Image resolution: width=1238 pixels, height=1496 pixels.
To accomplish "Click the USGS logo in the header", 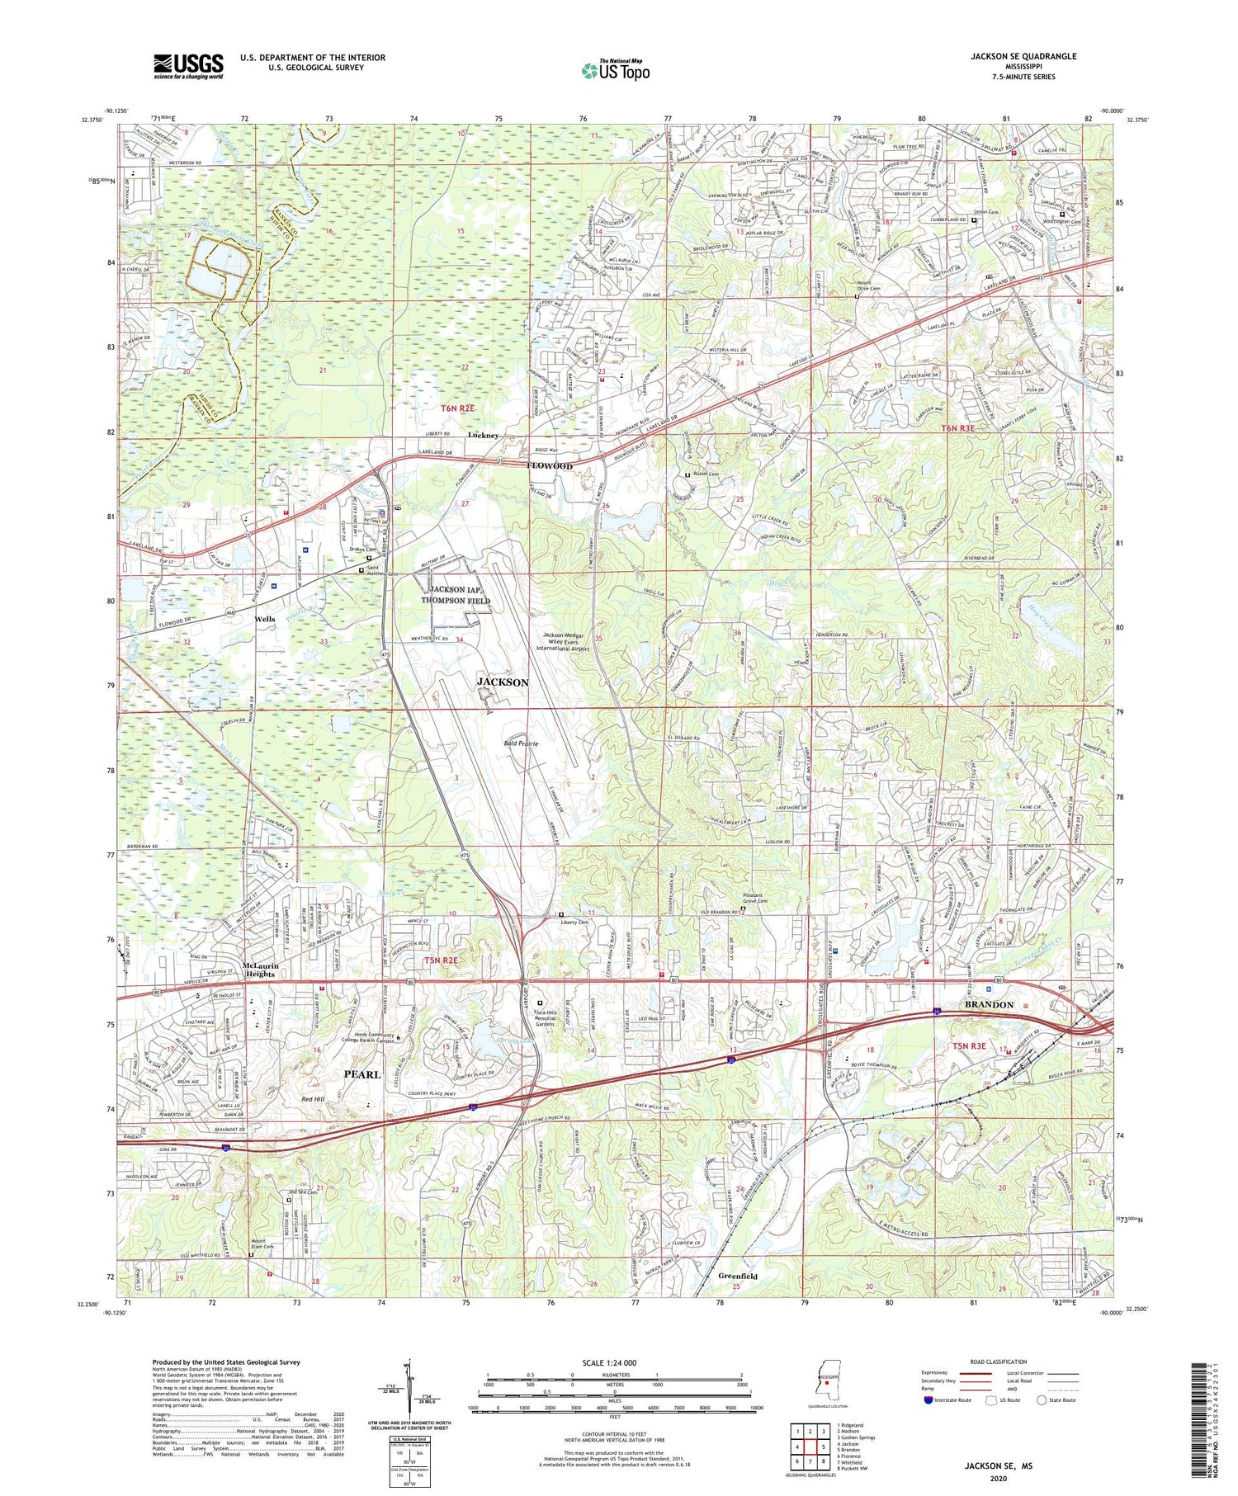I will pos(188,66).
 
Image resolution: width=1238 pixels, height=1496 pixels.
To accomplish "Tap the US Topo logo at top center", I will pos(615,70).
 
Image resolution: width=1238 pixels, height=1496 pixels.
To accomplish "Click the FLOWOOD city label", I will pos(550,466).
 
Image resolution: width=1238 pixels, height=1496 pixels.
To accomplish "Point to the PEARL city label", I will pos(361,1074).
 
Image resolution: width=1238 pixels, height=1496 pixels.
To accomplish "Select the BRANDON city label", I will pos(989,1004).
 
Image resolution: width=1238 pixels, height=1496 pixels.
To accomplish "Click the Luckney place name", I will pos(484,435).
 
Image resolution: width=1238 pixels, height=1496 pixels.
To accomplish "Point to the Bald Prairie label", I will pos(521,743).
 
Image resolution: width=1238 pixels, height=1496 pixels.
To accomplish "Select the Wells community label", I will pos(265,619).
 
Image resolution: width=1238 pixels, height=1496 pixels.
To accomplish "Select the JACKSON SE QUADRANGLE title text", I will pos(1023,56).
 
